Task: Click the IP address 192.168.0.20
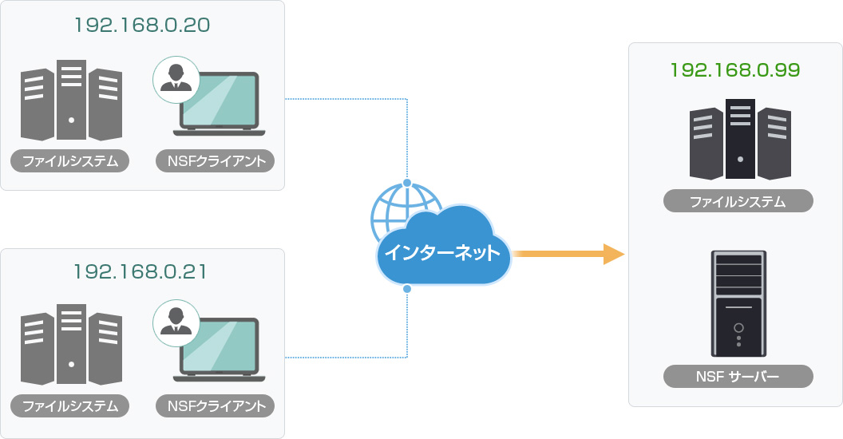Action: (x=141, y=25)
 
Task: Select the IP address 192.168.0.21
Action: (x=140, y=272)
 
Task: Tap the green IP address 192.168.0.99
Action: (x=735, y=69)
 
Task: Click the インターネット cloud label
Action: (x=442, y=254)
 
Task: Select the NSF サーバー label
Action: (x=738, y=376)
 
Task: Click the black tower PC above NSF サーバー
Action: (x=738, y=303)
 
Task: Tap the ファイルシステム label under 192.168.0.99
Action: (x=738, y=201)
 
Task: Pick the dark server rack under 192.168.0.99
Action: (x=740, y=140)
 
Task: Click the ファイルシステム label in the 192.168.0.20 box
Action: (x=70, y=161)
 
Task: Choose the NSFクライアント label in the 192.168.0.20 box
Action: (x=216, y=161)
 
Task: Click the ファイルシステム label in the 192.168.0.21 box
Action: (x=70, y=406)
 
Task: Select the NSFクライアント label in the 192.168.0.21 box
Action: (x=216, y=406)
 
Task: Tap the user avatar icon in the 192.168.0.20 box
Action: (x=176, y=79)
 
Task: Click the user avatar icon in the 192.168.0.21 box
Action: (x=176, y=323)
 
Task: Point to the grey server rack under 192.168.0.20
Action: (x=72, y=101)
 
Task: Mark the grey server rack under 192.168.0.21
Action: (x=72, y=345)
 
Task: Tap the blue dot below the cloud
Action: (x=407, y=288)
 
